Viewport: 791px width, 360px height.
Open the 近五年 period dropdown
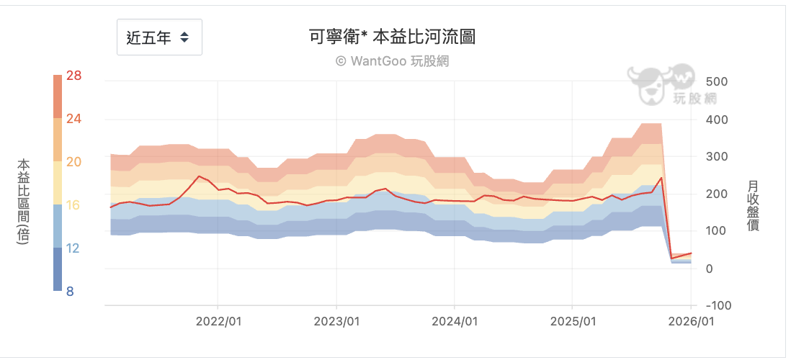[159, 37]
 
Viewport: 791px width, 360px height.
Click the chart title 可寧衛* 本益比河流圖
[392, 37]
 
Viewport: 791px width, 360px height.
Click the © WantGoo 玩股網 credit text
[392, 61]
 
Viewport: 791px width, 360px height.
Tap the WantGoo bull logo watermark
[659, 84]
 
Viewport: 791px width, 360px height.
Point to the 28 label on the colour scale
[73, 76]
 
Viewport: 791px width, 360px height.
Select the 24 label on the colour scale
[73, 119]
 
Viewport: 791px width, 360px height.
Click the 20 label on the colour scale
[73, 162]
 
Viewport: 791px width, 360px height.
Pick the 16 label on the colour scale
[73, 205]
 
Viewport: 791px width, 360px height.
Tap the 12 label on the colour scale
[73, 248]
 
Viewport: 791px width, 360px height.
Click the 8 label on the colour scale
[71, 292]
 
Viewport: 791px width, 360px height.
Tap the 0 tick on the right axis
[710, 269]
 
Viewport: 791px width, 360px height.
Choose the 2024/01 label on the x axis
[454, 321]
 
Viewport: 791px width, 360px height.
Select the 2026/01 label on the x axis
[691, 321]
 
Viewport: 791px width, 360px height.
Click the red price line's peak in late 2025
[661, 177]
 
